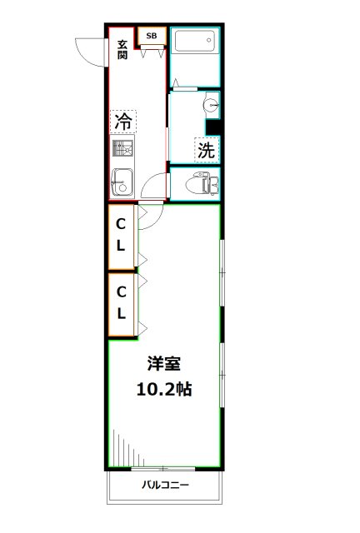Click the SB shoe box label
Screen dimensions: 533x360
(x=152, y=36)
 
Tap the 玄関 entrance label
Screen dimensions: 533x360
(x=122, y=50)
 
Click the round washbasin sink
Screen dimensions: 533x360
(x=212, y=106)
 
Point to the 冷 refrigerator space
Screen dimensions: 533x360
(x=122, y=122)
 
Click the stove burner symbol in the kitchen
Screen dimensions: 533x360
(x=122, y=150)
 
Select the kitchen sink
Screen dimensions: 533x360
(x=120, y=182)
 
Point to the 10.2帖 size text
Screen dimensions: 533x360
(x=163, y=387)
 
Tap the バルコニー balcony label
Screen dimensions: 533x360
(x=164, y=485)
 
